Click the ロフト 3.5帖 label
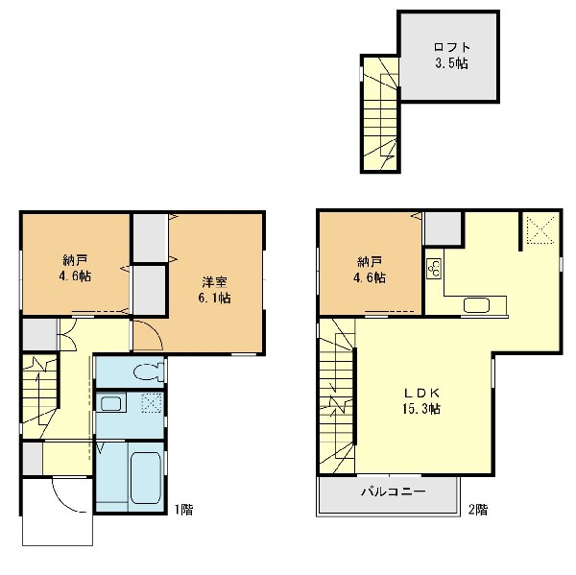point(451,56)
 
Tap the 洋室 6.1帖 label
point(214,290)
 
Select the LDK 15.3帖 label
point(421,400)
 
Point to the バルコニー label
point(394,491)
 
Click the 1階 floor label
point(183,510)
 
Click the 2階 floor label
point(478,510)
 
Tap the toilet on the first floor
point(149,371)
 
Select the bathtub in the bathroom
point(146,478)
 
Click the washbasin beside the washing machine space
point(110,403)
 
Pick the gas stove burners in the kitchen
point(434,268)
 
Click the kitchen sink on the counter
point(476,305)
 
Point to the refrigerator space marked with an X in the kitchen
point(540,229)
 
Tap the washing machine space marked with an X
point(152,402)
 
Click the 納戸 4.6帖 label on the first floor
point(75,268)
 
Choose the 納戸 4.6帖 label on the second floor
point(370,270)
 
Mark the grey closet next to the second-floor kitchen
point(443,228)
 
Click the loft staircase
point(380,114)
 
